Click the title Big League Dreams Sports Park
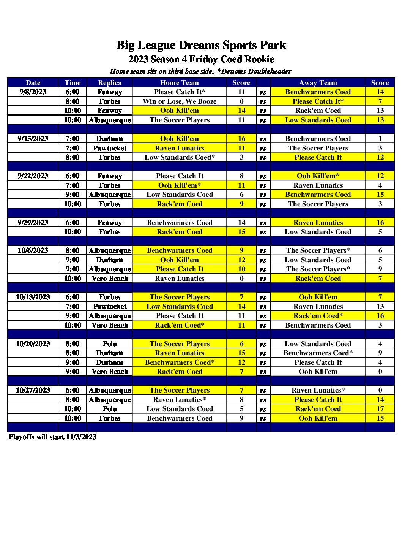[x=201, y=45]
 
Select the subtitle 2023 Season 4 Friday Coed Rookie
[x=201, y=59]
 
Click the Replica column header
[x=110, y=83]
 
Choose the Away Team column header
[x=318, y=83]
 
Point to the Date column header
[x=33, y=83]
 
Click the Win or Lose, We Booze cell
[x=180, y=101]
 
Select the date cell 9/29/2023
[x=33, y=223]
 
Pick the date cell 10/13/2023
[x=33, y=297]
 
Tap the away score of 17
[x=380, y=409]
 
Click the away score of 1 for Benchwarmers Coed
[x=380, y=139]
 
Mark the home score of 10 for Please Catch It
[x=241, y=269]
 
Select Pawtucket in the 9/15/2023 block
[x=110, y=148]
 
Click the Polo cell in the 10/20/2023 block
[x=110, y=344]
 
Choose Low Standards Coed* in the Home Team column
[x=180, y=157]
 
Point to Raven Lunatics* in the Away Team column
[x=318, y=390]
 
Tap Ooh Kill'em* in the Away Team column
[x=318, y=176]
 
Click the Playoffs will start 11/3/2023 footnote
[x=52, y=437]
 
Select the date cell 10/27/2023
[x=33, y=390]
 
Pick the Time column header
[x=73, y=83]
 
